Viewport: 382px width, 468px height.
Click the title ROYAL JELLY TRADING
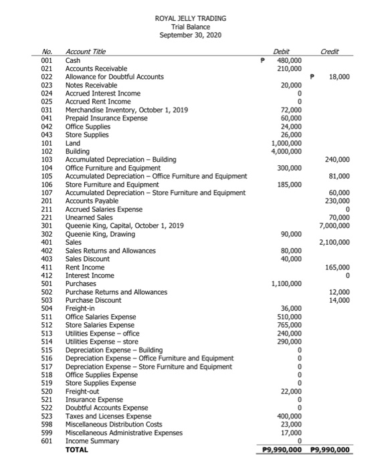(x=191, y=18)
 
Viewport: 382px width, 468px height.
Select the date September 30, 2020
(x=191, y=35)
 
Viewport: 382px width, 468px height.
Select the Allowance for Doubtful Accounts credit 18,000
(x=341, y=77)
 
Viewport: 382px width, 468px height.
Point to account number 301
(x=46, y=225)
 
